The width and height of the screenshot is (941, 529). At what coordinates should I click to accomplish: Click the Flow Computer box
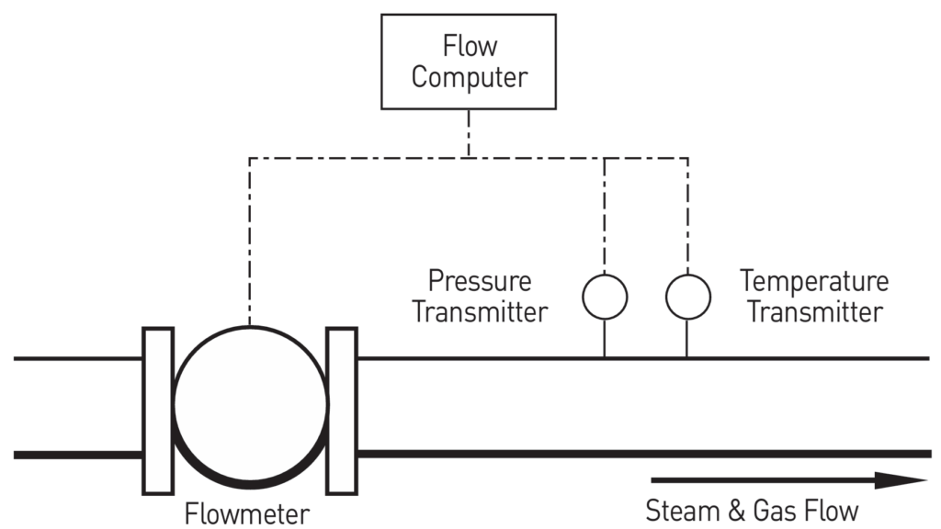click(x=469, y=62)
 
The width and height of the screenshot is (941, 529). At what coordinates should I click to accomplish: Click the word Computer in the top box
click(x=469, y=77)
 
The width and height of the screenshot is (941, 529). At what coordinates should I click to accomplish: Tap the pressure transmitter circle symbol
click(x=605, y=296)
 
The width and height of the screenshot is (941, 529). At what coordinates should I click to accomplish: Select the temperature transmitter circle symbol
click(x=687, y=296)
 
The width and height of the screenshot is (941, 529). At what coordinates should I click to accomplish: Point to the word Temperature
click(x=814, y=280)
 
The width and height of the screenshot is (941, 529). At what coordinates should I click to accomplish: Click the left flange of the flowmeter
click(x=158, y=407)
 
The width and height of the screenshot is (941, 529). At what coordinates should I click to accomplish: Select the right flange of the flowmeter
click(x=342, y=407)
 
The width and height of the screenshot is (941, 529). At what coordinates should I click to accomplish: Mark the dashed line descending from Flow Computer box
click(x=469, y=134)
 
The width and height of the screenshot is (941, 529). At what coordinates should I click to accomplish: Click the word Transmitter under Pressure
click(x=480, y=311)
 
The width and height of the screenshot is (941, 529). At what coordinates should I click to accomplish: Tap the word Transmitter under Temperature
click(x=814, y=311)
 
